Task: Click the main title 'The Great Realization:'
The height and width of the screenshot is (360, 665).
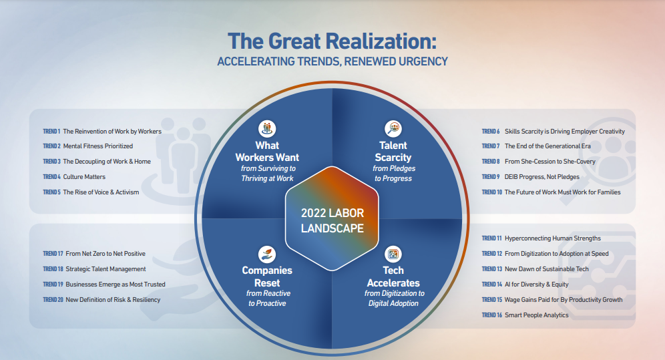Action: pos(332,41)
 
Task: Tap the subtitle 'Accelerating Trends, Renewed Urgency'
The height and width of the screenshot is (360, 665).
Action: pos(332,62)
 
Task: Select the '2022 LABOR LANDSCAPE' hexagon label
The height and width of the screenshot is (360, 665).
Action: pos(332,220)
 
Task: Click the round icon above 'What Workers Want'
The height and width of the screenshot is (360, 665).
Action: pos(267,128)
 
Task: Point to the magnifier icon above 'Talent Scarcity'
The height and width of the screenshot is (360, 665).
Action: pos(393,128)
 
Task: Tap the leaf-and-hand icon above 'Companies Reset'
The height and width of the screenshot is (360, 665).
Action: pos(267,254)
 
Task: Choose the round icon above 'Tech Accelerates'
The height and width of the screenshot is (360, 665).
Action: pos(393,254)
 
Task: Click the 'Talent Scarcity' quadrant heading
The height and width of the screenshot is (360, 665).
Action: pos(393,152)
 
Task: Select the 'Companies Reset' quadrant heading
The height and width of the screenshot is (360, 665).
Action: pos(267,277)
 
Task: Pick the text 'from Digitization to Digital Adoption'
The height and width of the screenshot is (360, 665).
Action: pos(394,298)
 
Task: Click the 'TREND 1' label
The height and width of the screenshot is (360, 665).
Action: pos(51,132)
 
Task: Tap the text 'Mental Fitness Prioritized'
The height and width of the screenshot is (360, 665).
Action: pos(98,146)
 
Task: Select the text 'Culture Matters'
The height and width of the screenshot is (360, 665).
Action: pos(84,177)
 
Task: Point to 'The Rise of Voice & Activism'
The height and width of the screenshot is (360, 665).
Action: pos(101,192)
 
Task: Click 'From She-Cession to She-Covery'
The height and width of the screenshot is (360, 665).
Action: pos(550,162)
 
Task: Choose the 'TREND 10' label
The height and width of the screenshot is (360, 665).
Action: pos(492,192)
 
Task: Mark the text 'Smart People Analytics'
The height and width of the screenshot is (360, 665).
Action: pos(537,315)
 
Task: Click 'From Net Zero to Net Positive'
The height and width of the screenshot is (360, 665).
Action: pos(105,254)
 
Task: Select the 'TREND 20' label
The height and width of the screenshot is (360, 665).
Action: pos(53,300)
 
